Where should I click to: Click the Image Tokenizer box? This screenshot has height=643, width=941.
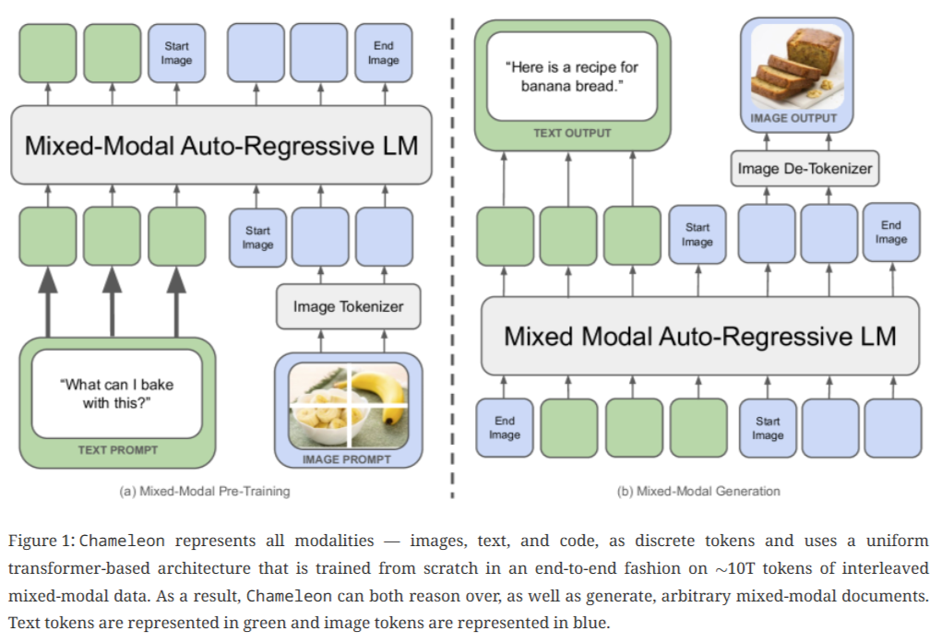tap(348, 306)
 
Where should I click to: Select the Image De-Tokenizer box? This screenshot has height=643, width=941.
tap(804, 169)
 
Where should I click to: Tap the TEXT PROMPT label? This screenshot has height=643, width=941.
tap(117, 450)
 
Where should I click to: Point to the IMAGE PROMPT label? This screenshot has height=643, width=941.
tap(347, 458)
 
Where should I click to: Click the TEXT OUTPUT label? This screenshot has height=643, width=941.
tap(572, 133)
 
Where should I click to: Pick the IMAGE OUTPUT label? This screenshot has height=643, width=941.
tap(793, 118)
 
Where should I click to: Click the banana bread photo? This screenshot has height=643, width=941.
tap(794, 67)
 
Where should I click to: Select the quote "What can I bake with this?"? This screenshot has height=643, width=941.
tap(116, 393)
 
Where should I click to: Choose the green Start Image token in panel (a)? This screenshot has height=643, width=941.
tap(177, 54)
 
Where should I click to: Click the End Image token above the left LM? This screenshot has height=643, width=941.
tap(383, 54)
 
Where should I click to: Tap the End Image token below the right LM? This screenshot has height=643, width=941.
tap(505, 428)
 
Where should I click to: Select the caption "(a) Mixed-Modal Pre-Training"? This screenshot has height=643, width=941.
tap(205, 491)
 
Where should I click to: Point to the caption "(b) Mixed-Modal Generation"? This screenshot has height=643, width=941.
tap(698, 491)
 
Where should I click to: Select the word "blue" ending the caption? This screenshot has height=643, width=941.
tap(588, 621)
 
